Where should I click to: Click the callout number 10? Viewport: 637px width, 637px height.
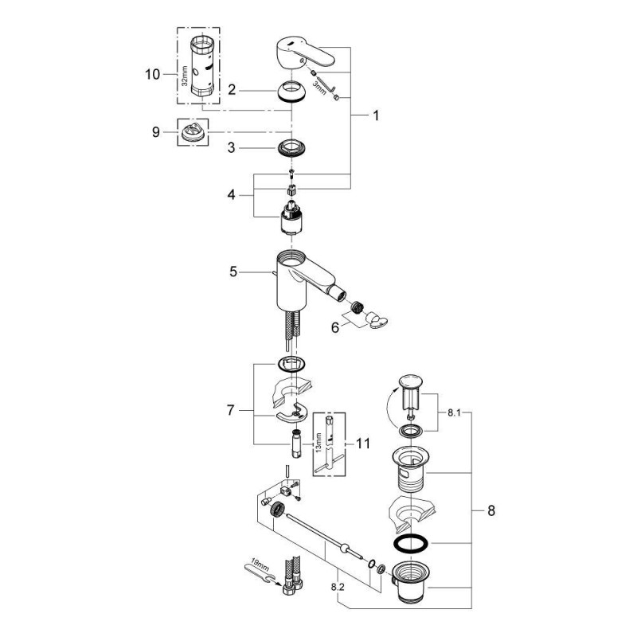tap(151, 74)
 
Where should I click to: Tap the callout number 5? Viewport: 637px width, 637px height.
tap(233, 272)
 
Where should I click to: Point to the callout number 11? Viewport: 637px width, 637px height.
tap(363, 444)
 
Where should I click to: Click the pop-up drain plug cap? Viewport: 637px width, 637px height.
tap(411, 379)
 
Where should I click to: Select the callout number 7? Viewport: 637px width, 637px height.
tap(231, 411)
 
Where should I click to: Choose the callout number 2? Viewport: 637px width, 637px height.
tap(231, 90)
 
